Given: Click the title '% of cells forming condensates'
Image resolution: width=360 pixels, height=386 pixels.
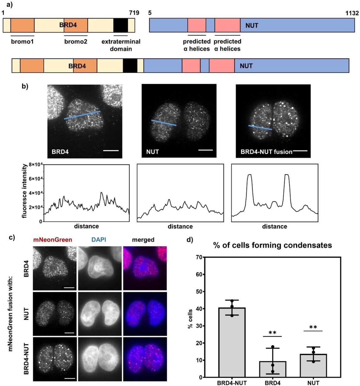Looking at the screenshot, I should (272, 245).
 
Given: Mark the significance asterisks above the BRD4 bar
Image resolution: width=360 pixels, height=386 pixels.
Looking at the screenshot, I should (272, 333).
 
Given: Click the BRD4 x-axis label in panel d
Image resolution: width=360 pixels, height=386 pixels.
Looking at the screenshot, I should (272, 383).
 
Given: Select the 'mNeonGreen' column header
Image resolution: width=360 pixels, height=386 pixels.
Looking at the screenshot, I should (55, 240).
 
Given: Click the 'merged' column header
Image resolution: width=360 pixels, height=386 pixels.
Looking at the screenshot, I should (143, 240).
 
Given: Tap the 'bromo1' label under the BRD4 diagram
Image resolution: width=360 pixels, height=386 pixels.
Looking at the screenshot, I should (22, 41).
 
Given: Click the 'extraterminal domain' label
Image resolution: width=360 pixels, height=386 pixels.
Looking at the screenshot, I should (121, 45).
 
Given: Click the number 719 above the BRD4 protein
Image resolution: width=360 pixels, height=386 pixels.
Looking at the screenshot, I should (134, 13).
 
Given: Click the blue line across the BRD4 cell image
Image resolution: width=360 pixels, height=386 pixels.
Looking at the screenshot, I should (82, 115).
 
